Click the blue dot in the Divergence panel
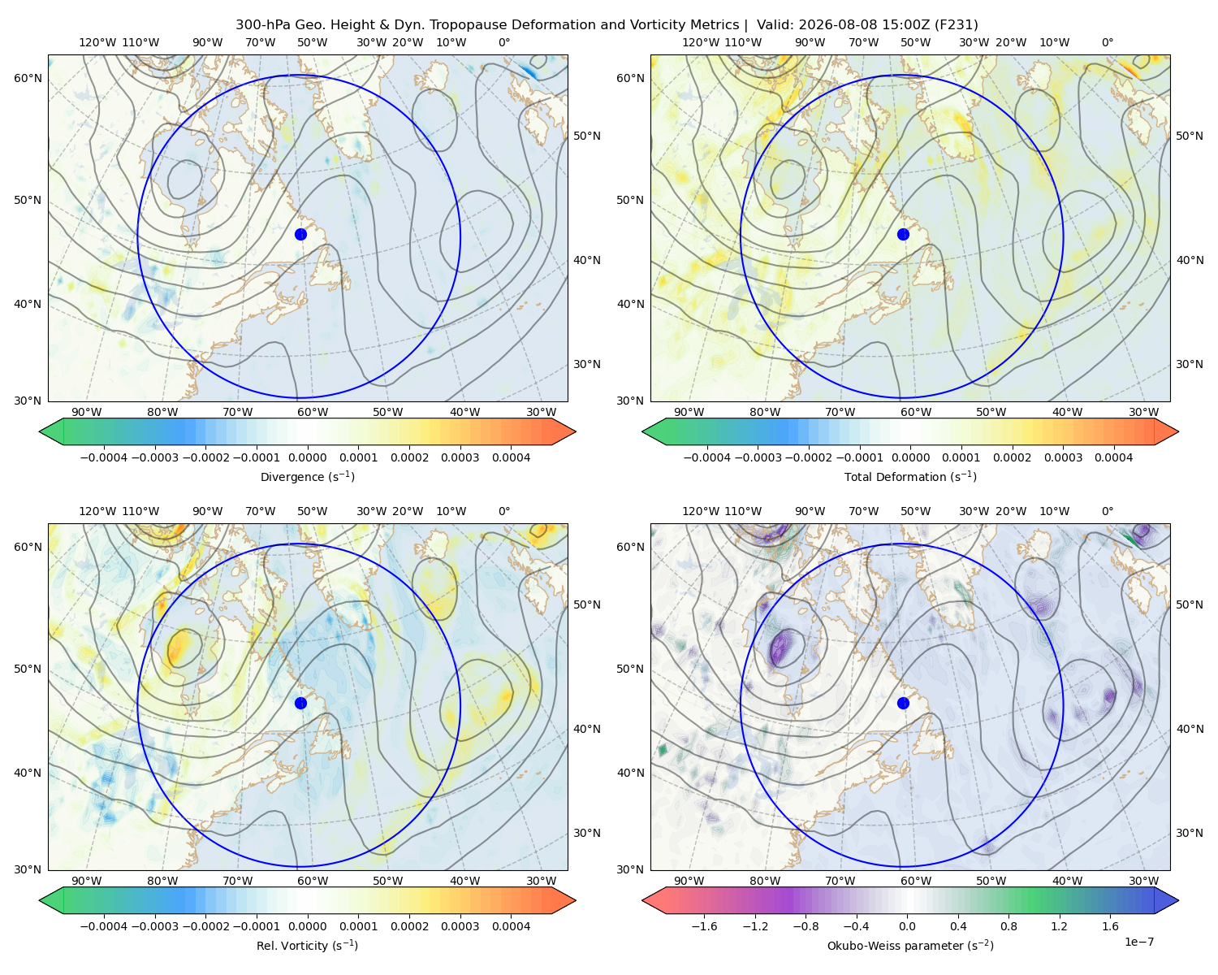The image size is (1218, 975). (300, 234)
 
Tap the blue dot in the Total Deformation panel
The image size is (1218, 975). (903, 234)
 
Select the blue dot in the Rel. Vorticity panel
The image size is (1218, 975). (300, 703)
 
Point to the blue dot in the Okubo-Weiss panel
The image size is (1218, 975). (903, 703)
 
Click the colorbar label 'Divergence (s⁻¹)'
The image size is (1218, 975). (307, 476)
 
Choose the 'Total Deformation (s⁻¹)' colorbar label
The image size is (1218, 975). (910, 476)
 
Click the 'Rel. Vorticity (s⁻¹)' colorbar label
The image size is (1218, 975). (307, 945)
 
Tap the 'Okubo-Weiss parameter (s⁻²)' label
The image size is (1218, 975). (910, 945)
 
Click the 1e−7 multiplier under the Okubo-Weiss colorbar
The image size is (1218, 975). (1138, 942)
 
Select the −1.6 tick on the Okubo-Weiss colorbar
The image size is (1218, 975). (704, 925)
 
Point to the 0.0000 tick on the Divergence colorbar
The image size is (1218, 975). (307, 457)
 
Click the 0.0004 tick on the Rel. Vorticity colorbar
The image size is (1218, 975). (511, 925)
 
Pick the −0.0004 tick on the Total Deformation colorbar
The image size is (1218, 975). (707, 457)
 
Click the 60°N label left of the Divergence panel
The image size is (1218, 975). (28, 78)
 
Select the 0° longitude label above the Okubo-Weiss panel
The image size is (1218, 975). (1107, 511)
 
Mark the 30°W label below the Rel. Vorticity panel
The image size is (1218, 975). (541, 881)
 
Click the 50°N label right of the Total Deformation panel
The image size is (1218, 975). (1189, 136)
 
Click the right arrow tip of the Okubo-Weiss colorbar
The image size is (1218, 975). (1178, 900)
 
